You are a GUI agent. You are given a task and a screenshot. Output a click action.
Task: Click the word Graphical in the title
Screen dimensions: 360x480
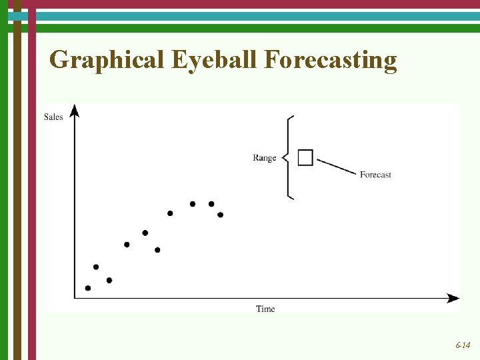pos(107,60)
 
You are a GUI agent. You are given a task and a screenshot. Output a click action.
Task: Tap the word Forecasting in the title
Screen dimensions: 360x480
pos(331,60)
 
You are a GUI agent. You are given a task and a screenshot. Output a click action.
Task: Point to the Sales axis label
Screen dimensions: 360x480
pos(53,117)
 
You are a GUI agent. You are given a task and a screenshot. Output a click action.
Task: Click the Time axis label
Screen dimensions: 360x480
pos(265,309)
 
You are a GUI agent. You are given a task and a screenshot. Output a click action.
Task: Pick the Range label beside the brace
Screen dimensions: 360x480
pos(265,158)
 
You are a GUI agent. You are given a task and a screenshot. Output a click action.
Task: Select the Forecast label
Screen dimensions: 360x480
pos(375,175)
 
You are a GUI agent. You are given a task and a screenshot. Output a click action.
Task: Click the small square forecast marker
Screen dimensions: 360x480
pos(305,157)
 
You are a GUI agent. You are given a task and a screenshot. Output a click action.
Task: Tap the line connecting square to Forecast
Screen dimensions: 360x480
pos(337,167)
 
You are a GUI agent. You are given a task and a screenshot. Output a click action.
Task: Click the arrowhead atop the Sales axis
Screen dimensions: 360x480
pos(75,110)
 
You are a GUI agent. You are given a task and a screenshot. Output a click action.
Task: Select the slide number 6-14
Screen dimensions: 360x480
pos(463,345)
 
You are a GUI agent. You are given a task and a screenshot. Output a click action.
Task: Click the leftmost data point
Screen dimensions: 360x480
pos(88,288)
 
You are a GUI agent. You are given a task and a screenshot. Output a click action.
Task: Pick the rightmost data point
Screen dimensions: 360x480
pos(220,215)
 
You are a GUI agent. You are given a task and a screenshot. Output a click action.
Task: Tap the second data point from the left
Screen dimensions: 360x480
pos(96,267)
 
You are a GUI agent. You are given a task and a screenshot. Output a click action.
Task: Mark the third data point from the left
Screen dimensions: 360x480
pos(109,280)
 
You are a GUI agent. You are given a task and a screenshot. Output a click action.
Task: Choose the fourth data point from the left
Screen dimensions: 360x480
pos(127,245)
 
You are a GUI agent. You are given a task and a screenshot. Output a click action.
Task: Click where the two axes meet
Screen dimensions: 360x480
pos(75,298)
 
